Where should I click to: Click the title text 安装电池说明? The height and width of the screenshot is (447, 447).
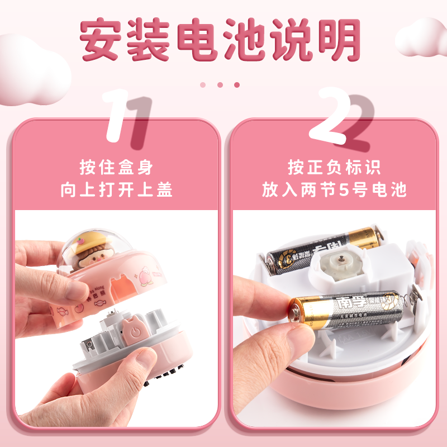[220, 40]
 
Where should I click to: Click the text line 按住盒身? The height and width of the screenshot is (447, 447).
[116, 167]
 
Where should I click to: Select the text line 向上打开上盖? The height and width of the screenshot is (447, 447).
[116, 190]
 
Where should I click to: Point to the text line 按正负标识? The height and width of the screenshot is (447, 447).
[334, 167]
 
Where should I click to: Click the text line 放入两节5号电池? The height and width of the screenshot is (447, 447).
[334, 190]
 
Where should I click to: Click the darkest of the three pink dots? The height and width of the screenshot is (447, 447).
[237, 85]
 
